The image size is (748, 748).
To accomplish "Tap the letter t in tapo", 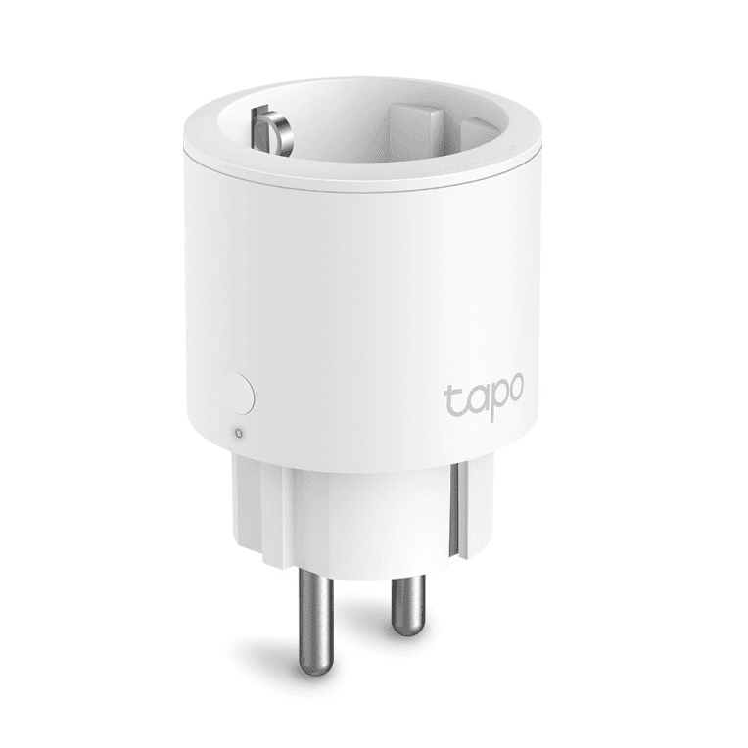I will coord(451,400).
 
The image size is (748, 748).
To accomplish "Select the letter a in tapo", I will coord(471,402).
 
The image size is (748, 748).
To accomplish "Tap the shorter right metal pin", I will coord(404,600).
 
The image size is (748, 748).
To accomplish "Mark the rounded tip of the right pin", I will coord(405,627).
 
